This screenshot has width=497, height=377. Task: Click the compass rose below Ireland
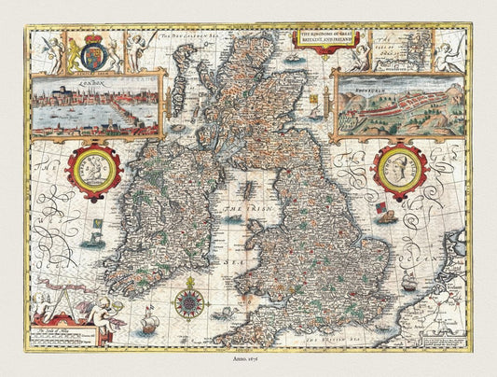(x=189, y=299)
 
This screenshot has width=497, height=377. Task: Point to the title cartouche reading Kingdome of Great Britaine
(x=326, y=38)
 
